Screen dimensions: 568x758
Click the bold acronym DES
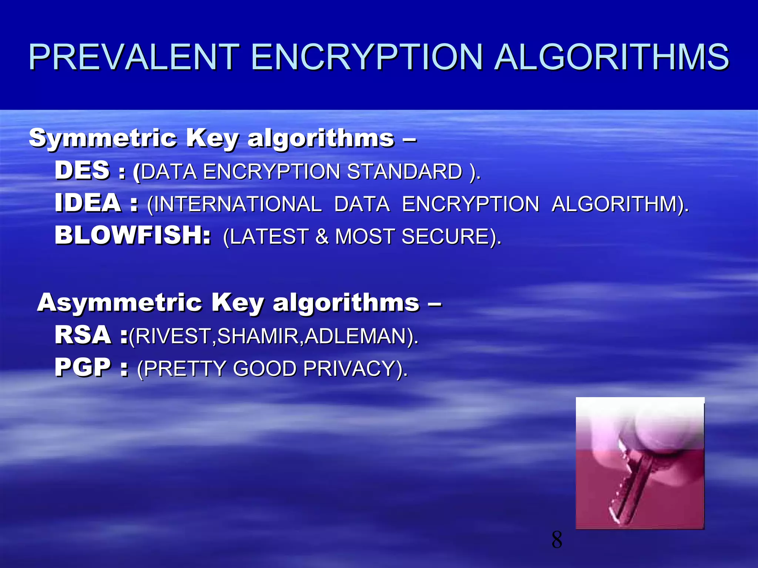[82, 170]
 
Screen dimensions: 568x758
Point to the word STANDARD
[405, 172]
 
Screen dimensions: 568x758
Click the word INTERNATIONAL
[238, 204]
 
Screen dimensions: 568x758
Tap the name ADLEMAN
[355, 336]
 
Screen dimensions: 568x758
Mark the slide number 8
[557, 540]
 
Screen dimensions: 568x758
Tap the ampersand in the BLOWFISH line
[322, 237]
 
